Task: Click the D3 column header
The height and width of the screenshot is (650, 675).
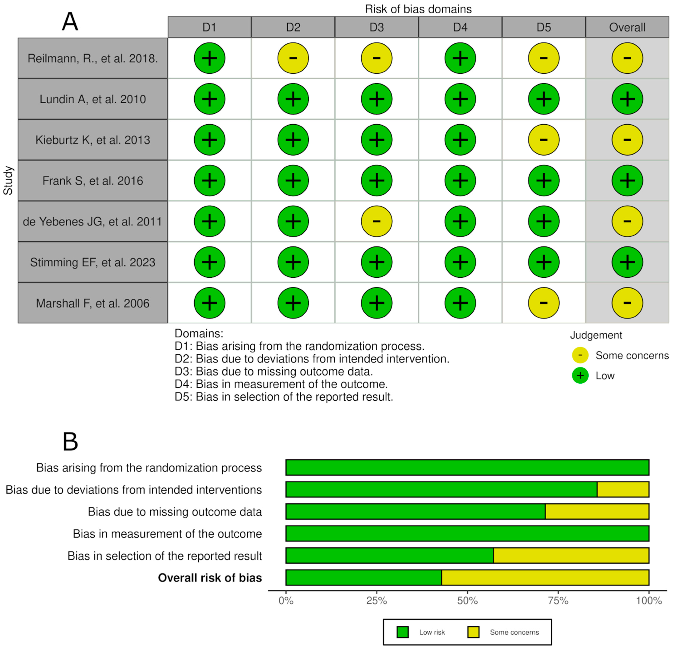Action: (376, 27)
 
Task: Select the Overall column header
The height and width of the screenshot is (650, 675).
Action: (627, 27)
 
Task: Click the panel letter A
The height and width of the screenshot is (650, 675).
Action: (70, 22)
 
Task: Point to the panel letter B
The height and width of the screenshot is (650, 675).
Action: (70, 442)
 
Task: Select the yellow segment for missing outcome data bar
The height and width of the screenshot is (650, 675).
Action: (597, 511)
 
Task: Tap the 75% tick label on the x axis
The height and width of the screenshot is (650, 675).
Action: (558, 601)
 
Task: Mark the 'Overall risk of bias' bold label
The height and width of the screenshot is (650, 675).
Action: (210, 578)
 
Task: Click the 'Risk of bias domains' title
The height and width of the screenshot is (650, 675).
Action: (418, 9)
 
